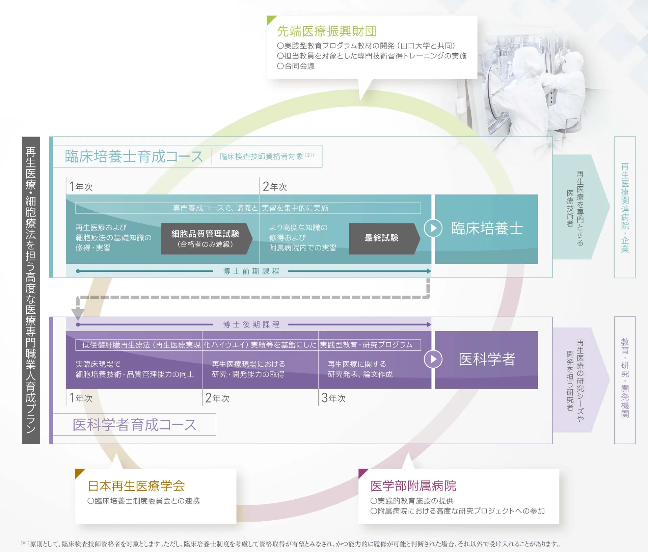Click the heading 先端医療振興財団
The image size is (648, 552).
coord(326,31)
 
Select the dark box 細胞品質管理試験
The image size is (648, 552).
coord(205,238)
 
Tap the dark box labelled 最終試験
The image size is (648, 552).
coord(382,238)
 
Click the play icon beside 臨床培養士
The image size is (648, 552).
coord(433,228)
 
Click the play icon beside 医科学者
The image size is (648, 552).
coord(433,359)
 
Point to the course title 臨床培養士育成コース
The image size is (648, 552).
coord(134,156)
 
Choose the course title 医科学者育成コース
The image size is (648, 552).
coord(134,425)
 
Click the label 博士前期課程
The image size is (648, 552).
coord(251,271)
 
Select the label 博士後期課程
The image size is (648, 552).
coord(251,324)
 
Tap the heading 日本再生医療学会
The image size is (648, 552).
coord(136,486)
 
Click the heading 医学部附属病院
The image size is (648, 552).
coord(413,486)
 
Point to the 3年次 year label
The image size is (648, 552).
coord(333,398)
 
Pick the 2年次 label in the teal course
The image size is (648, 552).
coord(275,187)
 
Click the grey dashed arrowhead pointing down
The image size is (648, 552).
coord(78,314)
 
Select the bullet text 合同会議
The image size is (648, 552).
coord(299,66)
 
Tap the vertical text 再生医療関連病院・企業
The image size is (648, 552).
coord(625,207)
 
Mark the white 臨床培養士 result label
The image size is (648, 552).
coord(487,229)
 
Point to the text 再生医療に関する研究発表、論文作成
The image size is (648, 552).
coord(360,369)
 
